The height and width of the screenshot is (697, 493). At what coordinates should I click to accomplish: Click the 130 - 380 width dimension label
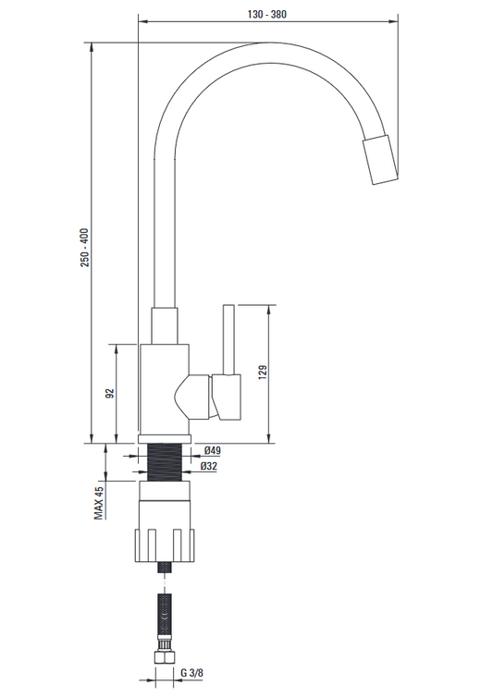(266, 14)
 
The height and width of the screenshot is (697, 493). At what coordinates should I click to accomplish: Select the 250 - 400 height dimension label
(84, 248)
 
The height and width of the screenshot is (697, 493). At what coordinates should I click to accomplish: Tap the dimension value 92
(110, 394)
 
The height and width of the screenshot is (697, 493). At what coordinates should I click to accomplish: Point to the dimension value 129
(263, 372)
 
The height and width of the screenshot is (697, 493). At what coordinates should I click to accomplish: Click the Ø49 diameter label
(212, 451)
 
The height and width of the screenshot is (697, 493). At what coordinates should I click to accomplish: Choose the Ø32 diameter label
(209, 466)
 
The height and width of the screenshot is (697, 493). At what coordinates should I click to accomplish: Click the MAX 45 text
(99, 502)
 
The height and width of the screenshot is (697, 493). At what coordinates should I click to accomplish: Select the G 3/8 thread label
(191, 673)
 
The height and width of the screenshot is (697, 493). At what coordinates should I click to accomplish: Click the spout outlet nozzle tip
(380, 160)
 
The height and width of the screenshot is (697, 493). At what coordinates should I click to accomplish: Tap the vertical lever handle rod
(228, 339)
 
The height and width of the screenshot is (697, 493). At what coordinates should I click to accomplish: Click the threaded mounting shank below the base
(165, 462)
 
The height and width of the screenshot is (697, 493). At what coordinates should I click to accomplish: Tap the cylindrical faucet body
(165, 389)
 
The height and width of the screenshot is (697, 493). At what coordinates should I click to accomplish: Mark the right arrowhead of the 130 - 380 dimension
(393, 21)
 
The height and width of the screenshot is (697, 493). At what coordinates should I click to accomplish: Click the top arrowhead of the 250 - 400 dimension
(92, 47)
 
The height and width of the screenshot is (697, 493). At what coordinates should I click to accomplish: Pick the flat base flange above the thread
(165, 439)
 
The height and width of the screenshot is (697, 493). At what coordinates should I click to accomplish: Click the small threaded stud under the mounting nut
(165, 568)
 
